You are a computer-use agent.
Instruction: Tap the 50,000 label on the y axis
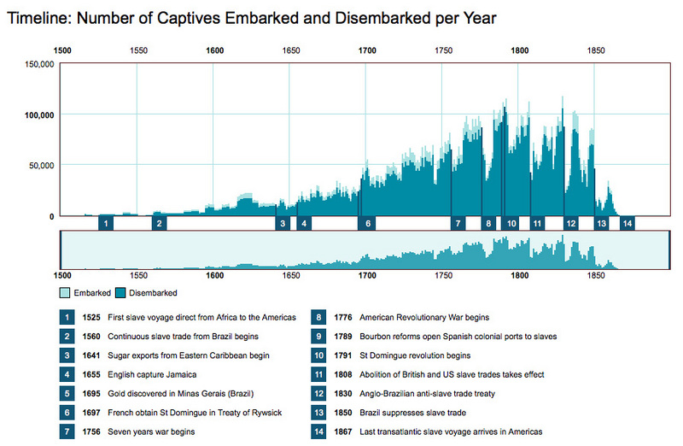[x=40, y=165]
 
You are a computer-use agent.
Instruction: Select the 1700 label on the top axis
[x=367, y=50]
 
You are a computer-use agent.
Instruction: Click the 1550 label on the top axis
[x=139, y=50]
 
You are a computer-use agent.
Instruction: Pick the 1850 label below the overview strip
[x=594, y=277]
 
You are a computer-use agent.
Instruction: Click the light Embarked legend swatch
[x=65, y=293]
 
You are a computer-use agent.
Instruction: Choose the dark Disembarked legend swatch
[x=120, y=293]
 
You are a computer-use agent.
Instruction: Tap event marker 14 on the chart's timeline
[x=628, y=223]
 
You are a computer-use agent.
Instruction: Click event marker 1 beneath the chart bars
[x=105, y=223]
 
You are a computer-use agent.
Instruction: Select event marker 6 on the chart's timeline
[x=368, y=223]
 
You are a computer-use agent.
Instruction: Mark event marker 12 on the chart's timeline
[x=570, y=223]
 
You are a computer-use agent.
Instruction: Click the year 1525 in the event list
[x=93, y=317]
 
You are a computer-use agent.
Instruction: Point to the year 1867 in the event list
[x=344, y=431]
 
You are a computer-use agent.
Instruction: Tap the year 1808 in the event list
[x=344, y=374]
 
